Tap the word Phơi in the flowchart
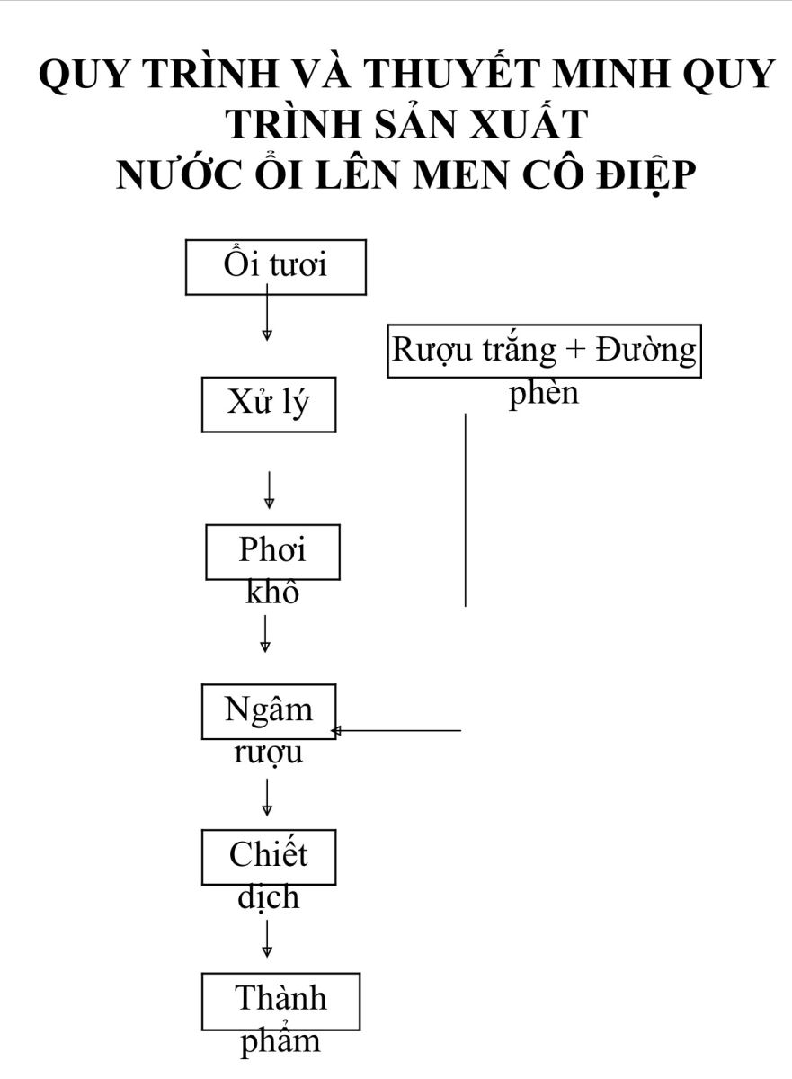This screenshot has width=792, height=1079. pyautogui.click(x=272, y=549)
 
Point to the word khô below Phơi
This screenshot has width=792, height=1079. pyautogui.click(x=272, y=592)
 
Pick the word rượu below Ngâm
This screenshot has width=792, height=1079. pyautogui.click(x=268, y=753)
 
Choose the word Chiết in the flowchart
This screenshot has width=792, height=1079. pyautogui.click(x=268, y=854)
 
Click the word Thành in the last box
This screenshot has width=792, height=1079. pyautogui.click(x=280, y=997)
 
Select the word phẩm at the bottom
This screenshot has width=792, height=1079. pyautogui.click(x=280, y=1042)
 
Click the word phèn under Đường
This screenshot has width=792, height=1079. pyautogui.click(x=544, y=393)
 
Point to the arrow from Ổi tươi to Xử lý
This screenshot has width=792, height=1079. pyautogui.click(x=267, y=312)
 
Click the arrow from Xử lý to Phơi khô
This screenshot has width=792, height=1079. pyautogui.click(x=269, y=490)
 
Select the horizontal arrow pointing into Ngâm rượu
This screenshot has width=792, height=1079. pyautogui.click(x=396, y=731)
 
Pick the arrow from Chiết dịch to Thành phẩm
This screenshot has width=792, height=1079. pyautogui.click(x=267, y=939)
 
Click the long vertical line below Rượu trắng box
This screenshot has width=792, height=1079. pyautogui.click(x=465, y=510)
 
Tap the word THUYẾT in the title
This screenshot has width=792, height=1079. pyautogui.click(x=450, y=73)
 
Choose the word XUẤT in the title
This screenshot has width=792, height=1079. pyautogui.click(x=529, y=123)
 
